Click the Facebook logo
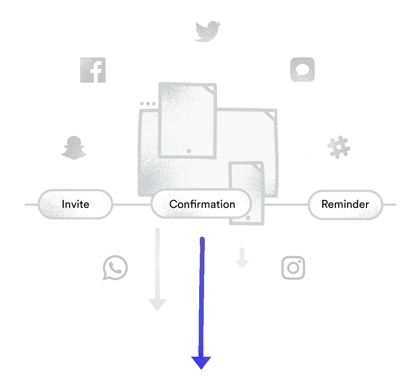click(x=93, y=70)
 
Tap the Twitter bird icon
click(x=208, y=31)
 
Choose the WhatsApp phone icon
click(x=115, y=268)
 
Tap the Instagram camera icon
click(x=293, y=267)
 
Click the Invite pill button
click(x=75, y=204)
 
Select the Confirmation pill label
click(x=202, y=204)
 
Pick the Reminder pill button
click(x=345, y=204)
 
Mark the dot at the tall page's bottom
click(x=189, y=151)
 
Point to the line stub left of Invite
click(x=31, y=204)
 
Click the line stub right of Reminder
click(x=389, y=204)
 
